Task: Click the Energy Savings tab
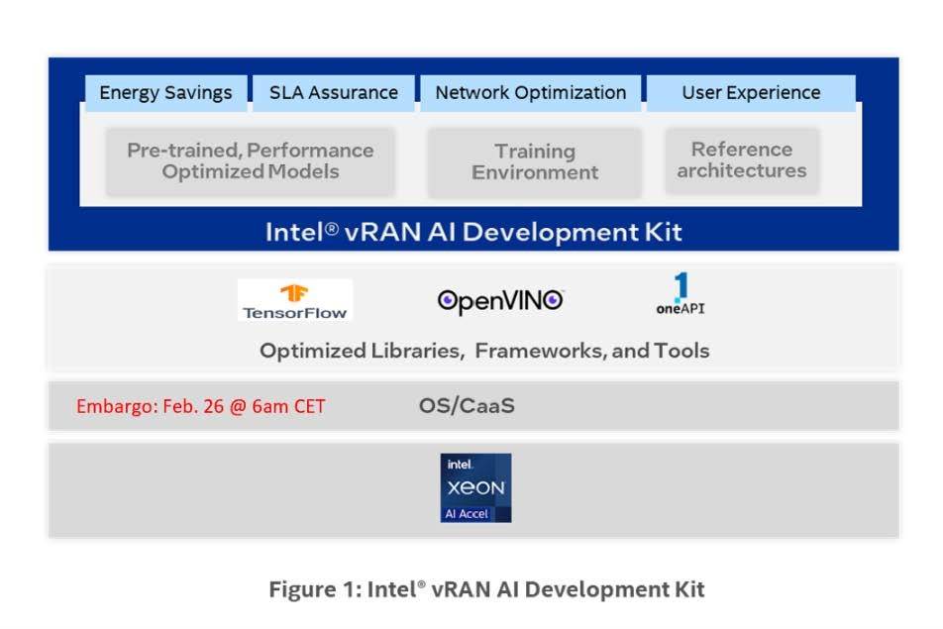[x=166, y=93]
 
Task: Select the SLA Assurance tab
[x=334, y=93]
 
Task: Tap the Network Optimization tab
[x=531, y=93]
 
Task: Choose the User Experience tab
[x=751, y=93]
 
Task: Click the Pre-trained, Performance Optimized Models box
[x=251, y=161]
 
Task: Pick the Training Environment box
[x=535, y=162]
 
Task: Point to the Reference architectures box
[x=742, y=160]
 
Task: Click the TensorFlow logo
[x=295, y=300]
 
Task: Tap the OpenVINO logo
[x=500, y=301]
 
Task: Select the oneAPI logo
[x=681, y=293]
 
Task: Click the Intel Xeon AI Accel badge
[x=475, y=487]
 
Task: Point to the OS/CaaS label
[x=467, y=406]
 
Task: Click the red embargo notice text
[x=201, y=406]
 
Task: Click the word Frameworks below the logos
[x=541, y=351]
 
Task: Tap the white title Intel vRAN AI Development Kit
[x=473, y=232]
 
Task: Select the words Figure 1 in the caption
[x=315, y=589]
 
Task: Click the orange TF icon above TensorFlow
[x=294, y=293]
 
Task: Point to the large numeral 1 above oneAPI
[x=681, y=287]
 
